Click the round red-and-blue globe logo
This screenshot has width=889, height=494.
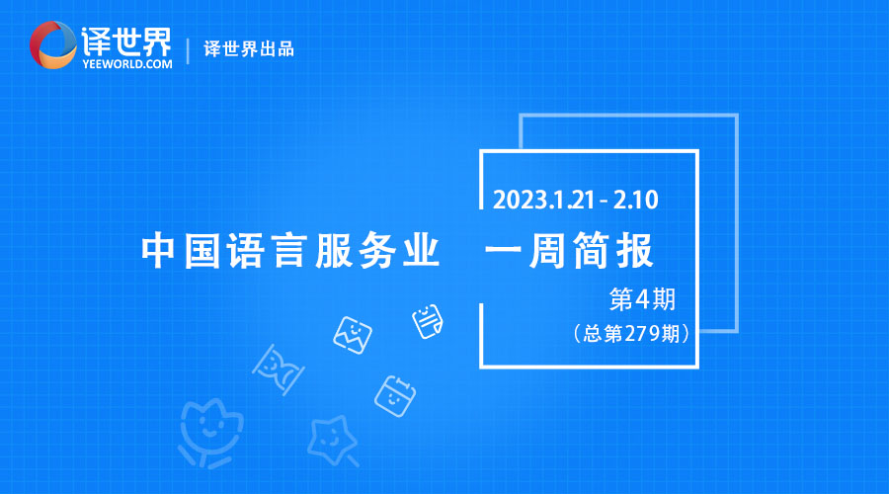(x=52, y=44)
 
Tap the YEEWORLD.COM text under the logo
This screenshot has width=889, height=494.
(x=127, y=64)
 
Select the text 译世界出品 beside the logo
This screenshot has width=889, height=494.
(x=249, y=49)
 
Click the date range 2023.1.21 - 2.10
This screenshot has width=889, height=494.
(x=575, y=200)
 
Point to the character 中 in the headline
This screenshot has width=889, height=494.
(x=158, y=250)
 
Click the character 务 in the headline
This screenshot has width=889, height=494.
(x=376, y=250)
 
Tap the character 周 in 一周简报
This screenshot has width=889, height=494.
(x=545, y=250)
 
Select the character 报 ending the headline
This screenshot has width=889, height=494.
(x=635, y=250)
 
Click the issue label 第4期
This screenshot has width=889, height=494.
(x=642, y=299)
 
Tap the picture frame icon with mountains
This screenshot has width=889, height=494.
(x=352, y=335)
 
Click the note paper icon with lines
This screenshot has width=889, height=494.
(x=428, y=321)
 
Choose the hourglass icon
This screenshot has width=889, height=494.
(x=278, y=370)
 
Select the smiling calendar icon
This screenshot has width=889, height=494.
(x=395, y=396)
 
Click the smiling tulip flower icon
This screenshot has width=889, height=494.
(x=209, y=433)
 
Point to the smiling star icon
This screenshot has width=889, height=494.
(x=333, y=441)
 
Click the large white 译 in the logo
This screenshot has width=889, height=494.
(x=96, y=41)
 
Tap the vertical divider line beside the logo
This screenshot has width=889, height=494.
(x=188, y=50)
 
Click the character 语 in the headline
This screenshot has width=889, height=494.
(x=246, y=250)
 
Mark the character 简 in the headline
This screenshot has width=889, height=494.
(x=591, y=250)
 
